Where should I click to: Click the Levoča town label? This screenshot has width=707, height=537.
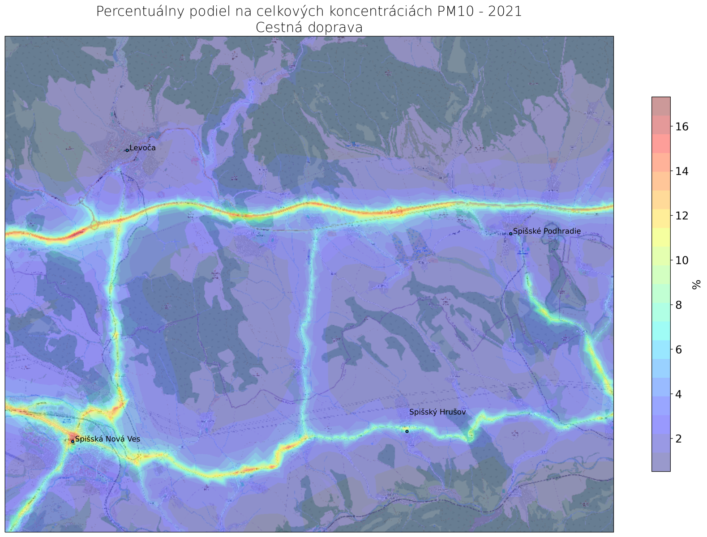tap(142, 148)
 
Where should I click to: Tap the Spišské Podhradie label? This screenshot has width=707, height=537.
tap(547, 231)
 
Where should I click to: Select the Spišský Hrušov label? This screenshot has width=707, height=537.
tap(437, 412)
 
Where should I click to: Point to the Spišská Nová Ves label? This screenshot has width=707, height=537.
tap(107, 439)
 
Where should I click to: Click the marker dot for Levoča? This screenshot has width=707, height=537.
tap(127, 150)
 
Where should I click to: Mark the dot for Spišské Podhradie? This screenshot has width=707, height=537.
tap(510, 234)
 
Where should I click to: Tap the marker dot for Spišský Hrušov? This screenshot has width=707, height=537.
tap(407, 431)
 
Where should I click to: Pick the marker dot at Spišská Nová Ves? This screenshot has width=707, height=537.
tap(73, 442)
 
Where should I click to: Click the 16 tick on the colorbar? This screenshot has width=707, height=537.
tap(681, 127)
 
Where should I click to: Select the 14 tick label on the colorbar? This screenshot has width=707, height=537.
tap(681, 171)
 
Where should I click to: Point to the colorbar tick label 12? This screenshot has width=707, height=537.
tap(681, 216)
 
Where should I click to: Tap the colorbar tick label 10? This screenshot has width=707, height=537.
tap(681, 260)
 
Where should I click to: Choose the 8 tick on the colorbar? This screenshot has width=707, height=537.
tap(679, 305)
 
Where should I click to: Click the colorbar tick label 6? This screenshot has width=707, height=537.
tap(679, 349)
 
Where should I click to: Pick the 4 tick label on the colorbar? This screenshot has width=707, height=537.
tap(679, 394)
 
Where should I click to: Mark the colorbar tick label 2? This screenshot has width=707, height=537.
tap(679, 439)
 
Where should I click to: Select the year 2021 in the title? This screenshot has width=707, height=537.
tap(505, 12)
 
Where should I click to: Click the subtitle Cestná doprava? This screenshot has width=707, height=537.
tap(309, 28)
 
